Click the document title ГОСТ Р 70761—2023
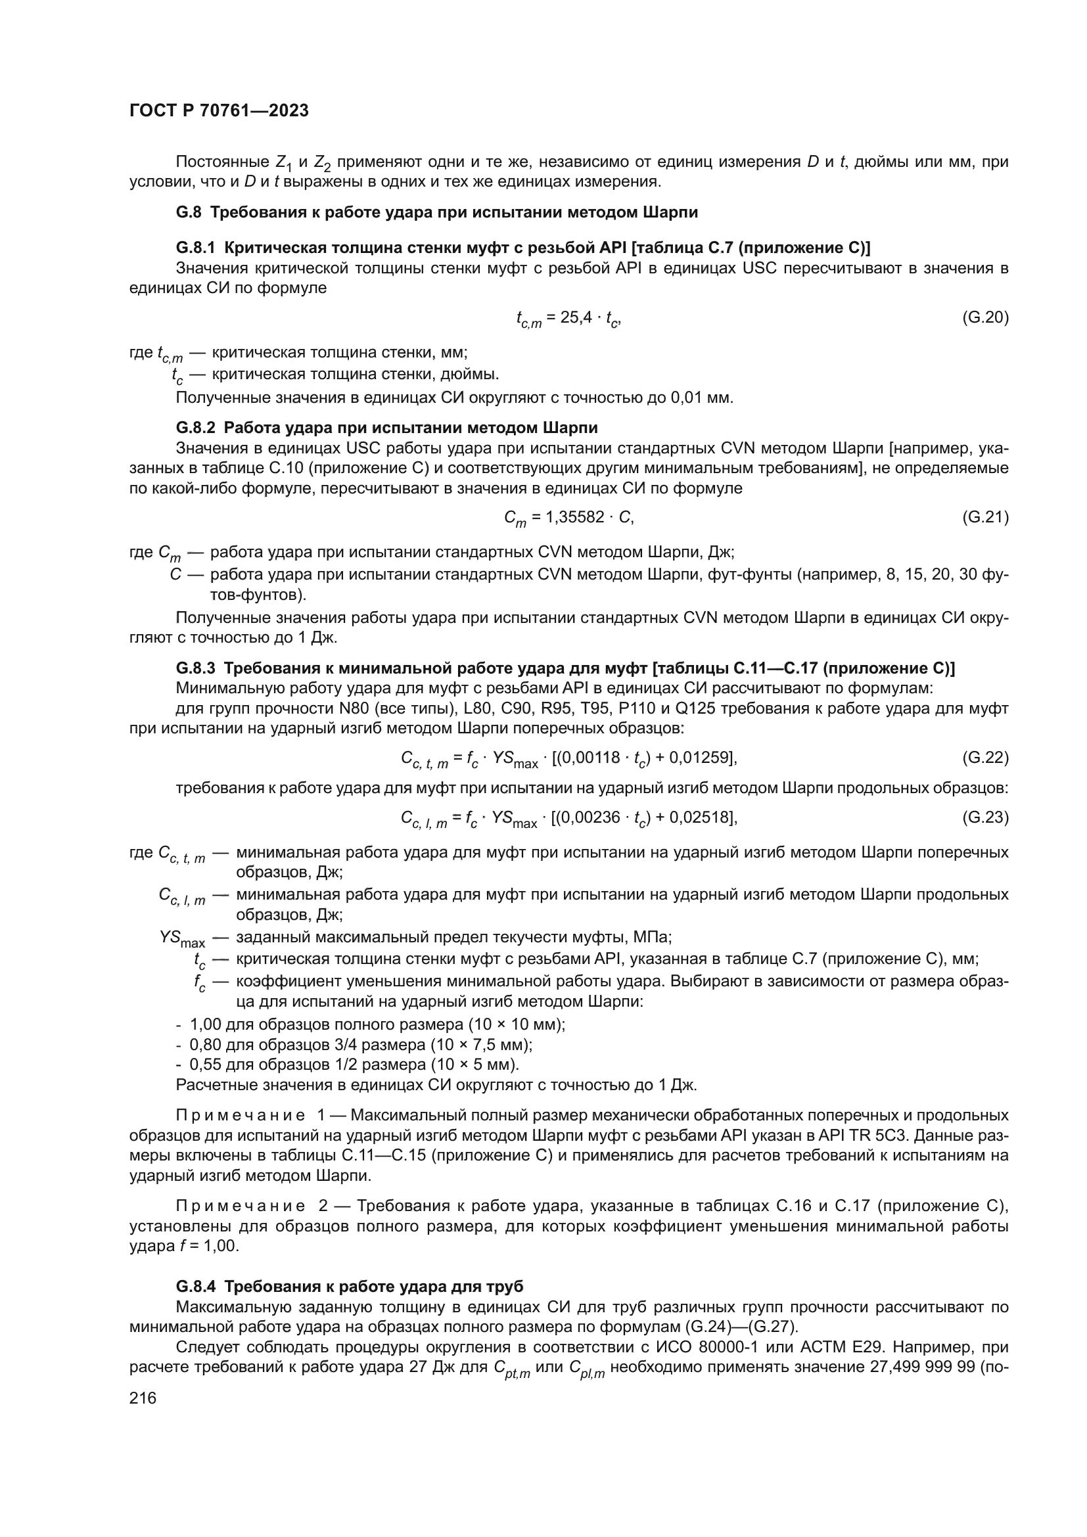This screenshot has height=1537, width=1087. click(x=219, y=110)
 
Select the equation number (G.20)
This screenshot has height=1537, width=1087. click(x=984, y=317)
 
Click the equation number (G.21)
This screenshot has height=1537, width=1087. click(x=984, y=516)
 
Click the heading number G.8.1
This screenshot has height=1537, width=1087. click(x=195, y=248)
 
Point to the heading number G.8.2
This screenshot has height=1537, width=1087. click(x=195, y=427)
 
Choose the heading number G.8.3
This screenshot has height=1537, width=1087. click(x=195, y=668)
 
